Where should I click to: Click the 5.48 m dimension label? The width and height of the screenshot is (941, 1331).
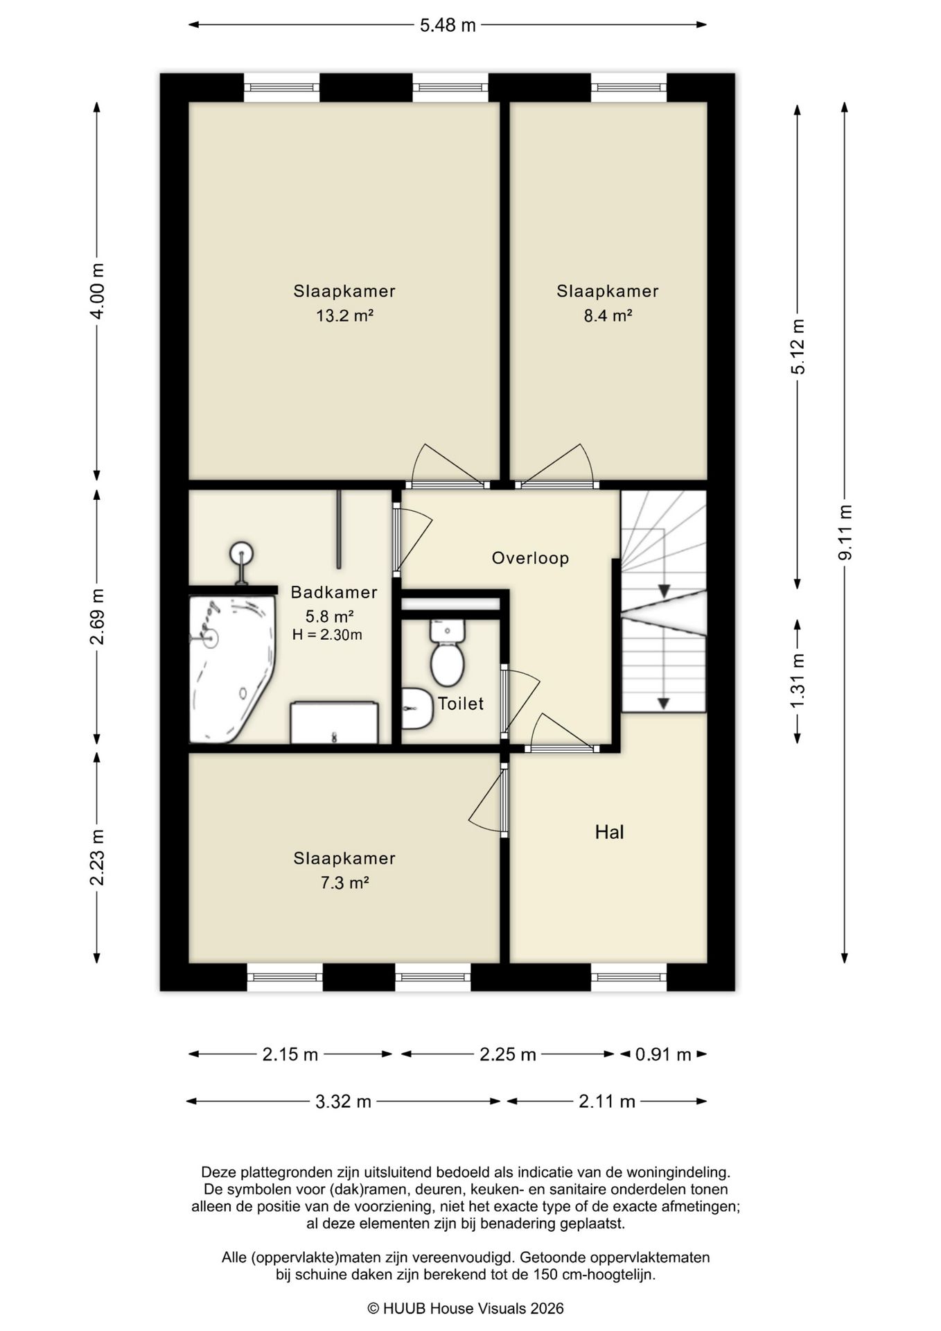[x=448, y=26]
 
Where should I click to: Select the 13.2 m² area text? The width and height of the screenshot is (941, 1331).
[x=344, y=316]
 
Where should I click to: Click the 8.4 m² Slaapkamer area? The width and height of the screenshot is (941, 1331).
[x=608, y=316]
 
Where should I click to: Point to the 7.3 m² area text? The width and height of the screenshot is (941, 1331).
[x=344, y=883]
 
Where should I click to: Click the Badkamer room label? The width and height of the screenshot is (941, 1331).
[x=333, y=592]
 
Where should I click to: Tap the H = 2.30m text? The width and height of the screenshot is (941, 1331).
[x=327, y=634]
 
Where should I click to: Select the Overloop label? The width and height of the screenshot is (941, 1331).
[x=530, y=558]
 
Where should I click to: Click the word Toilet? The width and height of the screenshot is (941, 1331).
[x=461, y=704]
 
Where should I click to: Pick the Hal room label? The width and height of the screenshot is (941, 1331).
[x=609, y=832]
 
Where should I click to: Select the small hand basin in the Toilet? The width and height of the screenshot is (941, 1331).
[x=416, y=708]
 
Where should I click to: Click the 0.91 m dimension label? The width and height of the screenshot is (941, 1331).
[x=663, y=1054]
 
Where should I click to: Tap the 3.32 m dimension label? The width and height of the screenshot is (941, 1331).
[x=343, y=1102]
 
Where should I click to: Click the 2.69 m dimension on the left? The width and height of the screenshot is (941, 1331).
[x=97, y=616]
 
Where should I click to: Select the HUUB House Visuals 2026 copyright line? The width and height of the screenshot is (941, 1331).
[x=465, y=1309]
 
